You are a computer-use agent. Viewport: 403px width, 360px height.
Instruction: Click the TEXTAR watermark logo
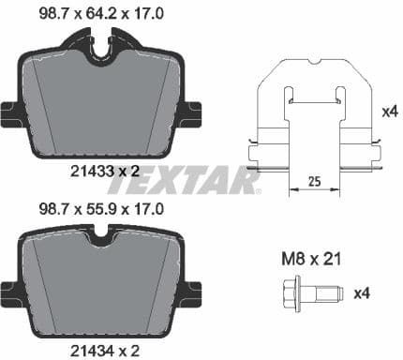(x=201, y=178)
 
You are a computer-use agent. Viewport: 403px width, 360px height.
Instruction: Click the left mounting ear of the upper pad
(x=11, y=115)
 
